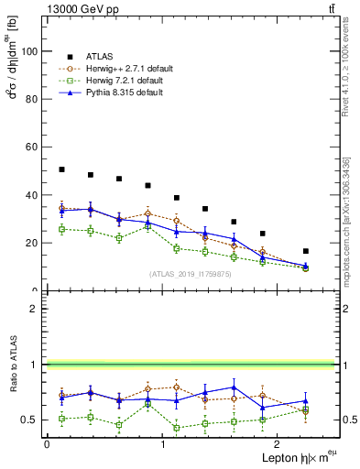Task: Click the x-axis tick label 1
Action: pos(162,444)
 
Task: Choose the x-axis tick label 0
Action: pos(47,444)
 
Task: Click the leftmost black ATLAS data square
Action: pos(61,169)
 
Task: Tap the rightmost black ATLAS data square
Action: pos(306,251)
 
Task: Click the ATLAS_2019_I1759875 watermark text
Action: pos(191,274)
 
